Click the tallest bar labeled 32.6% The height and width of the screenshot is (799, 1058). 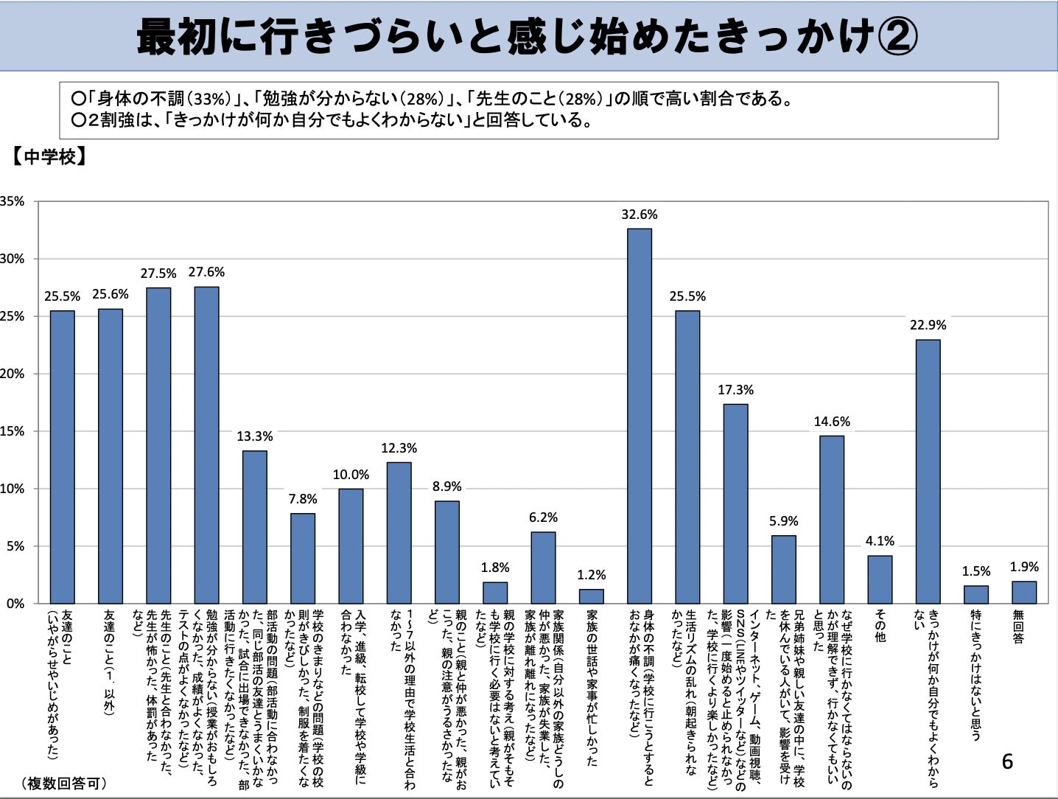click(639, 416)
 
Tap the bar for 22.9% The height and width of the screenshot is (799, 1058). click(928, 472)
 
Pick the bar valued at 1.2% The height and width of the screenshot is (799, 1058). click(591, 596)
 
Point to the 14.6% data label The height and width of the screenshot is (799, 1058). click(832, 422)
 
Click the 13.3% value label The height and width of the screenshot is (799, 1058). click(254, 436)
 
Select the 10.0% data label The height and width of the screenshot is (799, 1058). click(351, 475)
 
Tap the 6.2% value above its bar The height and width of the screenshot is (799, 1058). click(543, 517)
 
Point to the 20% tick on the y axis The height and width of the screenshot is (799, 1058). click(12, 374)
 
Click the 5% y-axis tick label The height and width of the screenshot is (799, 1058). click(15, 546)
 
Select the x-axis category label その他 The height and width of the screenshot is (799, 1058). click(880, 625)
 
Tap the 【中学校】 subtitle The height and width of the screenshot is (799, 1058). click(49, 157)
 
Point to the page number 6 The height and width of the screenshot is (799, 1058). click(1007, 761)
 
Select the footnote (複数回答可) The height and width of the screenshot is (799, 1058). click(63, 784)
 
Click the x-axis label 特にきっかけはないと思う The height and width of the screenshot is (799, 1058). click(975, 674)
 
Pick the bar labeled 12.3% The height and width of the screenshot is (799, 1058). click(399, 533)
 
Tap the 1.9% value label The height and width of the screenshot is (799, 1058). click(1024, 567)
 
